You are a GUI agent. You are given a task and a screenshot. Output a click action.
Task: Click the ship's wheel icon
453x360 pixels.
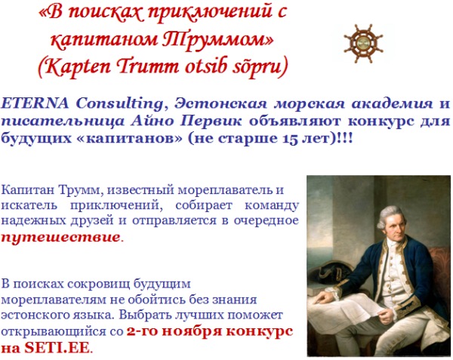click(363, 44)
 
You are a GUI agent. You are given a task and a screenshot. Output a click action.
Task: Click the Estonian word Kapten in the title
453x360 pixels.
click(78, 66)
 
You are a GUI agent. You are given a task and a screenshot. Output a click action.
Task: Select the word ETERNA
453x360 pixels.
click(35, 103)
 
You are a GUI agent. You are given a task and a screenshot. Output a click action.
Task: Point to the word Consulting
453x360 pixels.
click(119, 104)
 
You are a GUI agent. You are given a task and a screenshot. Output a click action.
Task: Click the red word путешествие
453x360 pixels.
click(60, 237)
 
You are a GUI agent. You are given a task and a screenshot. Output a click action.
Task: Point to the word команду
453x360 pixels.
click(272, 206)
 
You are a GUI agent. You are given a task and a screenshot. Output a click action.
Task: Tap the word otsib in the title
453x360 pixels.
click(205, 66)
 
